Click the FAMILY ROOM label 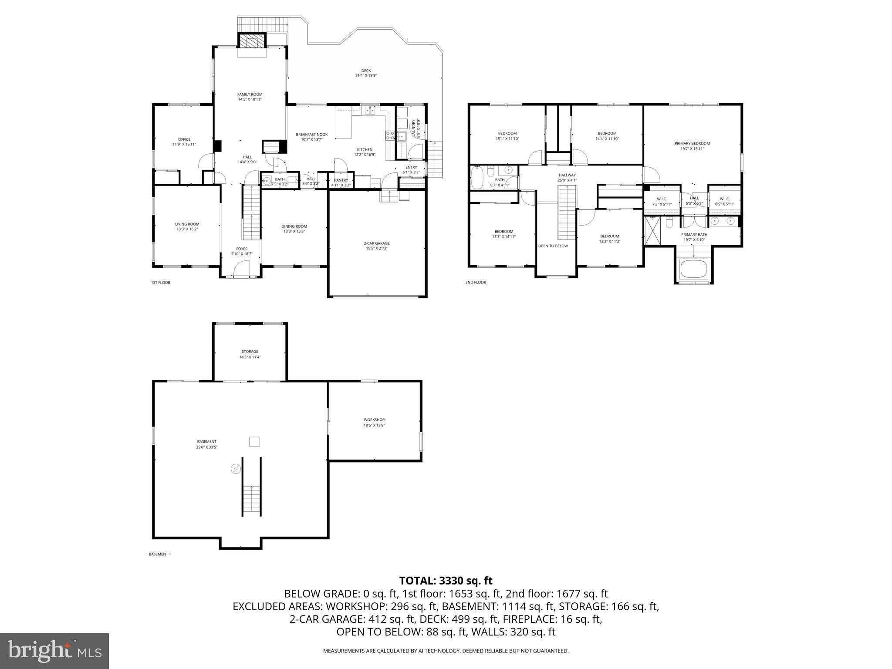click(250, 94)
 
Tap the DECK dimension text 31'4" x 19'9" click(366, 75)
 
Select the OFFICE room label click(184, 139)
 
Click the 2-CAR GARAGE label click(377, 243)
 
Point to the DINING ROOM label click(294, 226)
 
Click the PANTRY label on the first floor click(341, 180)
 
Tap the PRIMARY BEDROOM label click(692, 143)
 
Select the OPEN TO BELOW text click(553, 246)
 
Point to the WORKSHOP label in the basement click(374, 420)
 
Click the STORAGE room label click(250, 351)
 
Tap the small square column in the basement click(254, 442)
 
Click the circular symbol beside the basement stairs click(235, 469)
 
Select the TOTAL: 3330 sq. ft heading click(446, 581)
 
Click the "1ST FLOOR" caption click(161, 283)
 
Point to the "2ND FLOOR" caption click(476, 283)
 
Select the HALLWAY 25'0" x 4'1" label click(567, 175)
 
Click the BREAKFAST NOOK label click(311, 135)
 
